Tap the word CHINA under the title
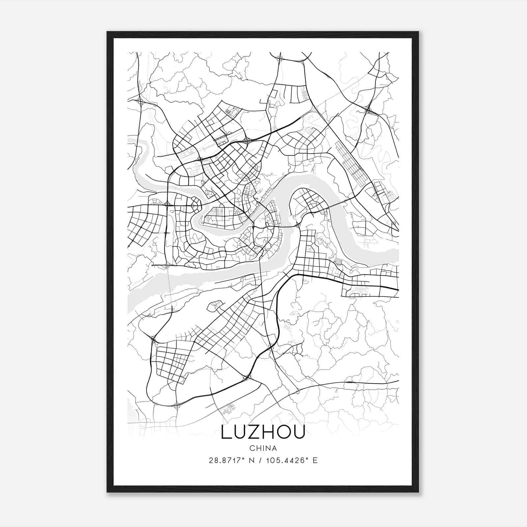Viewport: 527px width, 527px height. click(x=263, y=448)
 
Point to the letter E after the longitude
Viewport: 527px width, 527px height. click(x=315, y=460)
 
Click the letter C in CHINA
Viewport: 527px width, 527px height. click(x=252, y=448)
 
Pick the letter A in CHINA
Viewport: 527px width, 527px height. click(x=274, y=448)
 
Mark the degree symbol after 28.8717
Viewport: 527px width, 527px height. click(x=244, y=458)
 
